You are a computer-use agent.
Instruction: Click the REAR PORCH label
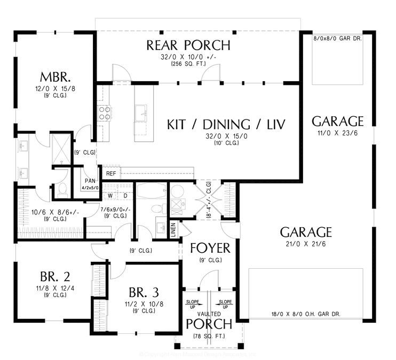click(x=188, y=45)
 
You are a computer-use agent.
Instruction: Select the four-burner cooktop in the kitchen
click(x=104, y=112)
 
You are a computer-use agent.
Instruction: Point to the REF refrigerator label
click(x=111, y=174)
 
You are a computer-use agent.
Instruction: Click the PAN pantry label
click(x=88, y=181)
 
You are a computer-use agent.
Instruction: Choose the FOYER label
click(x=210, y=248)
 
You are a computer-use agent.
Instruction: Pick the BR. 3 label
click(x=144, y=292)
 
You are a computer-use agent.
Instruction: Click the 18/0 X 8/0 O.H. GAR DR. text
click(x=305, y=315)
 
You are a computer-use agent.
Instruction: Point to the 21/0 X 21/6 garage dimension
click(x=306, y=244)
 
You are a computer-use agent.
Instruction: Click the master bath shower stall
click(x=60, y=148)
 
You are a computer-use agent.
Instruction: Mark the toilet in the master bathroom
click(x=62, y=188)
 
